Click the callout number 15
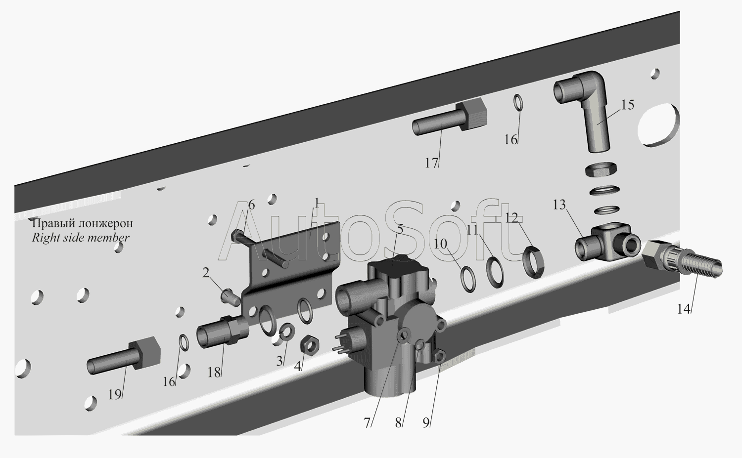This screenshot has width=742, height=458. tap(627, 105)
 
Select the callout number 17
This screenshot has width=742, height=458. tap(432, 163)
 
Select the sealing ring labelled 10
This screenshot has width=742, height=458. tap(468, 280)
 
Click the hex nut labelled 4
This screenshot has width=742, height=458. tap(309, 346)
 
